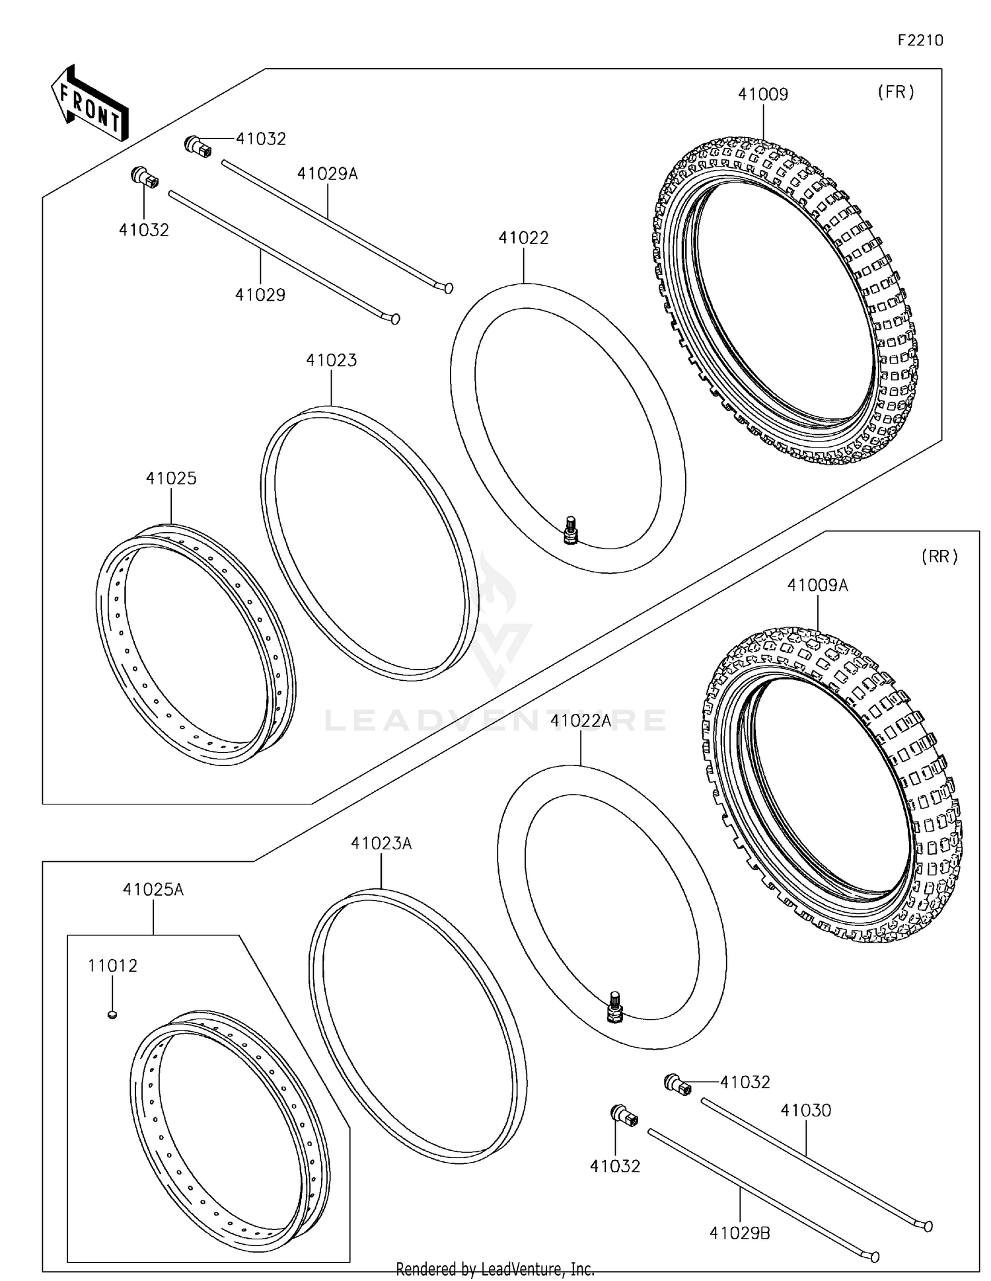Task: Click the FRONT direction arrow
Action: [x=90, y=105]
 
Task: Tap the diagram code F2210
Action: [x=920, y=40]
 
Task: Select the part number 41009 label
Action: [x=763, y=95]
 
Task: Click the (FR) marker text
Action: [x=896, y=92]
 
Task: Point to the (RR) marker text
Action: [x=939, y=557]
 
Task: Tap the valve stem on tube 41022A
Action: [x=614, y=1007]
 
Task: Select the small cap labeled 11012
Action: [x=112, y=1013]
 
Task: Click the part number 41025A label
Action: [x=153, y=890]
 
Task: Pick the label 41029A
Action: [x=327, y=174]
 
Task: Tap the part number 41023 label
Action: [x=331, y=360]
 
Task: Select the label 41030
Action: [x=805, y=1110]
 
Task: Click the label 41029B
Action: [x=739, y=1233]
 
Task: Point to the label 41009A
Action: [x=817, y=586]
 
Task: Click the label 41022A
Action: [x=581, y=721]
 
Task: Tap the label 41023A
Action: [x=381, y=843]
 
